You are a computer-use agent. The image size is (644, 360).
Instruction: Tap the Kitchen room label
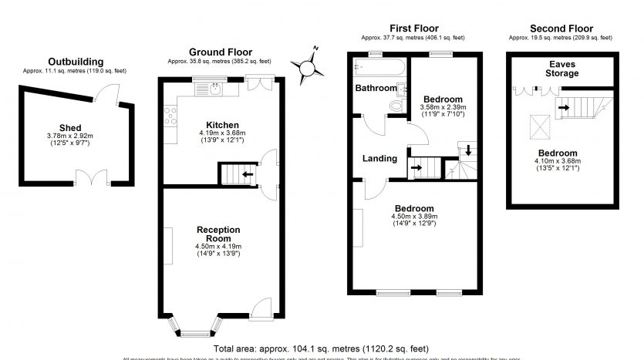[221, 125]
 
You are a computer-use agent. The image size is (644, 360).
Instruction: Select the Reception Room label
[218, 234]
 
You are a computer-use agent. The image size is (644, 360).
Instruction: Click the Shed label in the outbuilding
[70, 128]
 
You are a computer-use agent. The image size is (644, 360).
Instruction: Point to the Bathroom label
[376, 88]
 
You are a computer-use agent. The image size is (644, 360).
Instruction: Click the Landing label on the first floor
[380, 159]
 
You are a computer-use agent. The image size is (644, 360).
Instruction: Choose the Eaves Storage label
[564, 69]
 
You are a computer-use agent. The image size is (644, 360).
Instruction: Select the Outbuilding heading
[75, 62]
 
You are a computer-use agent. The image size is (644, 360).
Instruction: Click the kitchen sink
[214, 89]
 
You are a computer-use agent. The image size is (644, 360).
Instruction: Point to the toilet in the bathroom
[397, 105]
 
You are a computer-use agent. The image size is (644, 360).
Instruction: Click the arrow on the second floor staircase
[565, 107]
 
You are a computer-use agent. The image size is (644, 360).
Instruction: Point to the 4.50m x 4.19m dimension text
[218, 247]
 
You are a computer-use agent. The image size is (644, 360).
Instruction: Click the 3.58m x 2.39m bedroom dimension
[442, 107]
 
